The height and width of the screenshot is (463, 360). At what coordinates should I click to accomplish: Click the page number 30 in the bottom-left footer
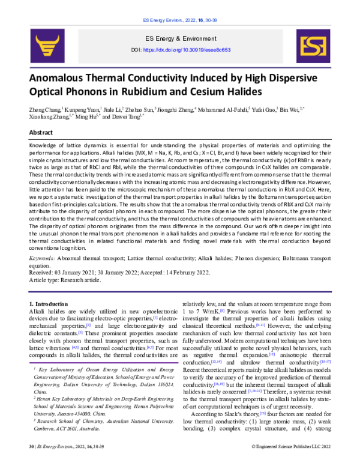[x=32, y=455]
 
